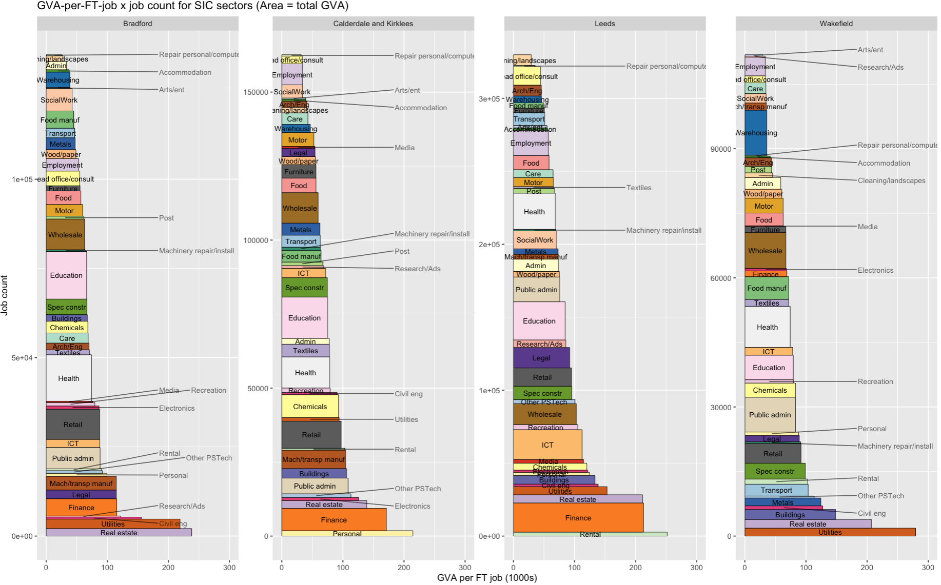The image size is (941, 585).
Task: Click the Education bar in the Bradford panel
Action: point(66,275)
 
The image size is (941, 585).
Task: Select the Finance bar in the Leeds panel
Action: point(578,518)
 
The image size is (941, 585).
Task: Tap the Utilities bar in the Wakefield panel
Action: point(830,532)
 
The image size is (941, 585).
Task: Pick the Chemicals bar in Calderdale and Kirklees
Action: point(310,407)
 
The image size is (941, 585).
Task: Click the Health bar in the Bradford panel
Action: point(69,378)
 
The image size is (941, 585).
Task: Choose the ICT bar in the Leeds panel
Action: point(547,445)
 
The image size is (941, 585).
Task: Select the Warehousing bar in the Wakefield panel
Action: point(756,133)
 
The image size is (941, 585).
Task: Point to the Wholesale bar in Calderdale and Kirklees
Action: point(300,208)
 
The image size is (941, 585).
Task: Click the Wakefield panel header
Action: point(836,24)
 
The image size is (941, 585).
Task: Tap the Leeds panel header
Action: point(604,24)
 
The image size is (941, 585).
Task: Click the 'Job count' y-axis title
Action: point(5,295)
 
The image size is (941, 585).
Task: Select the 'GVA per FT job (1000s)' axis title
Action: point(487,578)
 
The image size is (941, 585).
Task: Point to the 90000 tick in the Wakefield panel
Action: point(720,149)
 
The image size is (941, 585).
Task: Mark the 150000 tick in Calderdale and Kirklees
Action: point(256,92)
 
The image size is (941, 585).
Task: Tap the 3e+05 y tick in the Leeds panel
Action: point(489,99)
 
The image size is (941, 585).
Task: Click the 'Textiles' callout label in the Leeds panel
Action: point(639,188)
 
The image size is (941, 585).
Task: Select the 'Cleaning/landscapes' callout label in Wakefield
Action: point(891,180)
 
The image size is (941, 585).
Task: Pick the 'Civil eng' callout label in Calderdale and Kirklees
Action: point(408,394)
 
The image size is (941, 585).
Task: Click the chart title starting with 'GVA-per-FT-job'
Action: point(192,6)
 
